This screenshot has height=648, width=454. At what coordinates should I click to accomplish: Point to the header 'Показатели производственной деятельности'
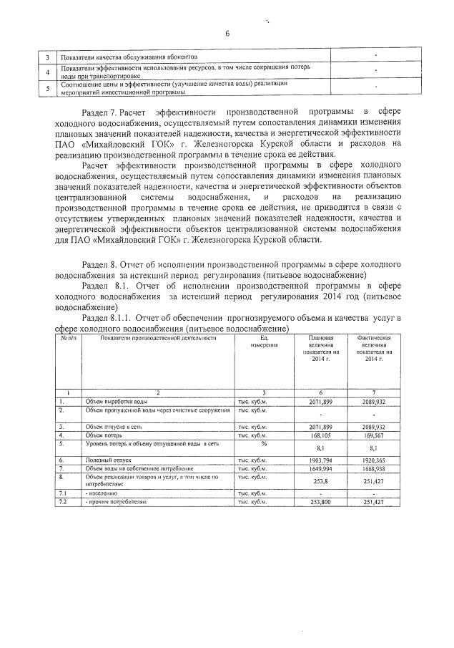click(x=158, y=337)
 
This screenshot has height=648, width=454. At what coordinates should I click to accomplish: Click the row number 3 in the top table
click(x=47, y=57)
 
